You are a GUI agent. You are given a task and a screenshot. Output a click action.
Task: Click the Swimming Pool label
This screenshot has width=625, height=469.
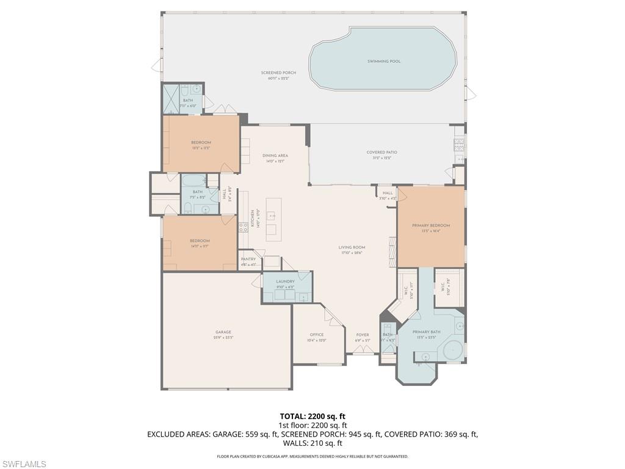tap(384, 61)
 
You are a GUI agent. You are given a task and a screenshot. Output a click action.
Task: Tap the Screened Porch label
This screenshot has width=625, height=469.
tap(278, 73)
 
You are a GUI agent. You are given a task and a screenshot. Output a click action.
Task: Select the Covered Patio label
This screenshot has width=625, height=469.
tap(382, 152)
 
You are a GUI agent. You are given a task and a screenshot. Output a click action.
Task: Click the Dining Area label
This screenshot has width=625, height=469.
tap(275, 156)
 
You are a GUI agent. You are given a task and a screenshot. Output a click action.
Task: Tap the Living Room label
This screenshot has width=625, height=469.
tap(351, 247)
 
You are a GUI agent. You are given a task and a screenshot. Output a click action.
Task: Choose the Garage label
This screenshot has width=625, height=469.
tap(223, 332)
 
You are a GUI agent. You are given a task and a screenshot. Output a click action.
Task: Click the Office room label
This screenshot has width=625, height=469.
tap(316, 335)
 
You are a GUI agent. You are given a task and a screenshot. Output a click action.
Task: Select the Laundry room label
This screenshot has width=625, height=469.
tap(285, 282)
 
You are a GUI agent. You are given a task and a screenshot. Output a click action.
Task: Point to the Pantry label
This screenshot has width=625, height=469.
tap(248, 259)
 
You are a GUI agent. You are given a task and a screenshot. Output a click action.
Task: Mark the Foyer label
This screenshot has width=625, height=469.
tap(363, 335)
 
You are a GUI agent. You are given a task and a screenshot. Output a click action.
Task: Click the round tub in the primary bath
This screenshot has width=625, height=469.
tap(453, 351)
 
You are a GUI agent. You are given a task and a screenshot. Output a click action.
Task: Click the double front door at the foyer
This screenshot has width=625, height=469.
tap(363, 351)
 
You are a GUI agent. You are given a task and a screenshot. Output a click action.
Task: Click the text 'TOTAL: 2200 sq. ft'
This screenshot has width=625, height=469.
tap(312, 416)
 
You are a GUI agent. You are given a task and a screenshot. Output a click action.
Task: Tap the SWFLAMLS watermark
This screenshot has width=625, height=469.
tap(24, 464)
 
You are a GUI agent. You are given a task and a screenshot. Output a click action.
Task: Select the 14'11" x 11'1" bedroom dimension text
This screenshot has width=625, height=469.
tap(200, 247)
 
